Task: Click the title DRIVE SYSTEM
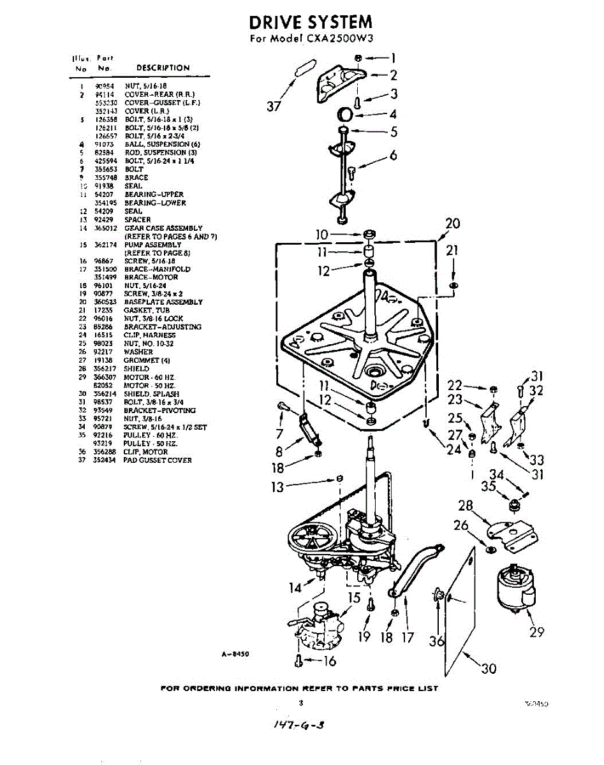pyautogui.click(x=311, y=23)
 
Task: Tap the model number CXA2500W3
pyautogui.click(x=342, y=39)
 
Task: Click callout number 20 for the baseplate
pyautogui.click(x=452, y=224)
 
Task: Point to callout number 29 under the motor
pyautogui.click(x=537, y=632)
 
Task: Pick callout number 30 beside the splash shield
pyautogui.click(x=488, y=668)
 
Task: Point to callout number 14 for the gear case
pyautogui.click(x=295, y=587)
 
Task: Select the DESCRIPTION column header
pyautogui.click(x=163, y=68)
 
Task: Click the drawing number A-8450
pyautogui.click(x=233, y=653)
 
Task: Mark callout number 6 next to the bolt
pyautogui.click(x=393, y=155)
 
